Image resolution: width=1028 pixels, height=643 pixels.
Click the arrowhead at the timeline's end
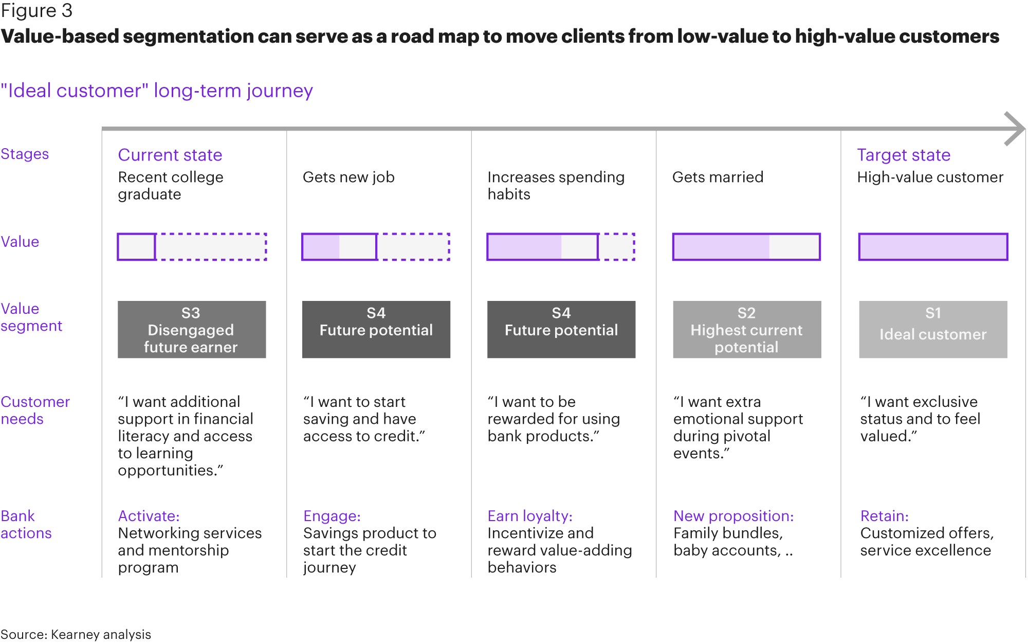(x=1015, y=129)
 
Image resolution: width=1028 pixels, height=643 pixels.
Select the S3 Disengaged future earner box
(x=192, y=330)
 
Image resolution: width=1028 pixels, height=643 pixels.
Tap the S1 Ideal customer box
(x=933, y=330)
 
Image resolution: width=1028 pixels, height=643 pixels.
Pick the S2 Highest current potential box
(x=747, y=330)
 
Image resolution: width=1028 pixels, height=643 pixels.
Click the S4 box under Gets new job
(x=376, y=330)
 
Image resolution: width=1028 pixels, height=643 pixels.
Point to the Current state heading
(x=170, y=155)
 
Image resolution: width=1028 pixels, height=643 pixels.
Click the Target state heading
(x=904, y=155)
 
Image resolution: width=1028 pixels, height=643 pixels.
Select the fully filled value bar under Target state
(x=933, y=247)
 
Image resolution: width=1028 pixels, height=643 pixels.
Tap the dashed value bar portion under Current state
(x=211, y=247)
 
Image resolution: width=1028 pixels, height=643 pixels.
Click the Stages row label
(x=25, y=154)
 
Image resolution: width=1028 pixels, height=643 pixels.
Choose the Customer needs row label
(x=35, y=410)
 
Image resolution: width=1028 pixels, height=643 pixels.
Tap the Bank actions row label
(x=26, y=524)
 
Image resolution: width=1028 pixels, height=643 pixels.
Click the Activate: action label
(x=149, y=516)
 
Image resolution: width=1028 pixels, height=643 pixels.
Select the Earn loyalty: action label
(x=530, y=516)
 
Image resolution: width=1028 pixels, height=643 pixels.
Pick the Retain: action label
(x=885, y=516)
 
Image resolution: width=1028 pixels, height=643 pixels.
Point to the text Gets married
(x=718, y=177)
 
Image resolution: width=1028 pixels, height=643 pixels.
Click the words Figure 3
(x=36, y=11)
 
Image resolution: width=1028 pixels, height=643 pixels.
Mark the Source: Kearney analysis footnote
(x=76, y=634)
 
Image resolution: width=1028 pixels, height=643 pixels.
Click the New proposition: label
(x=733, y=516)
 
